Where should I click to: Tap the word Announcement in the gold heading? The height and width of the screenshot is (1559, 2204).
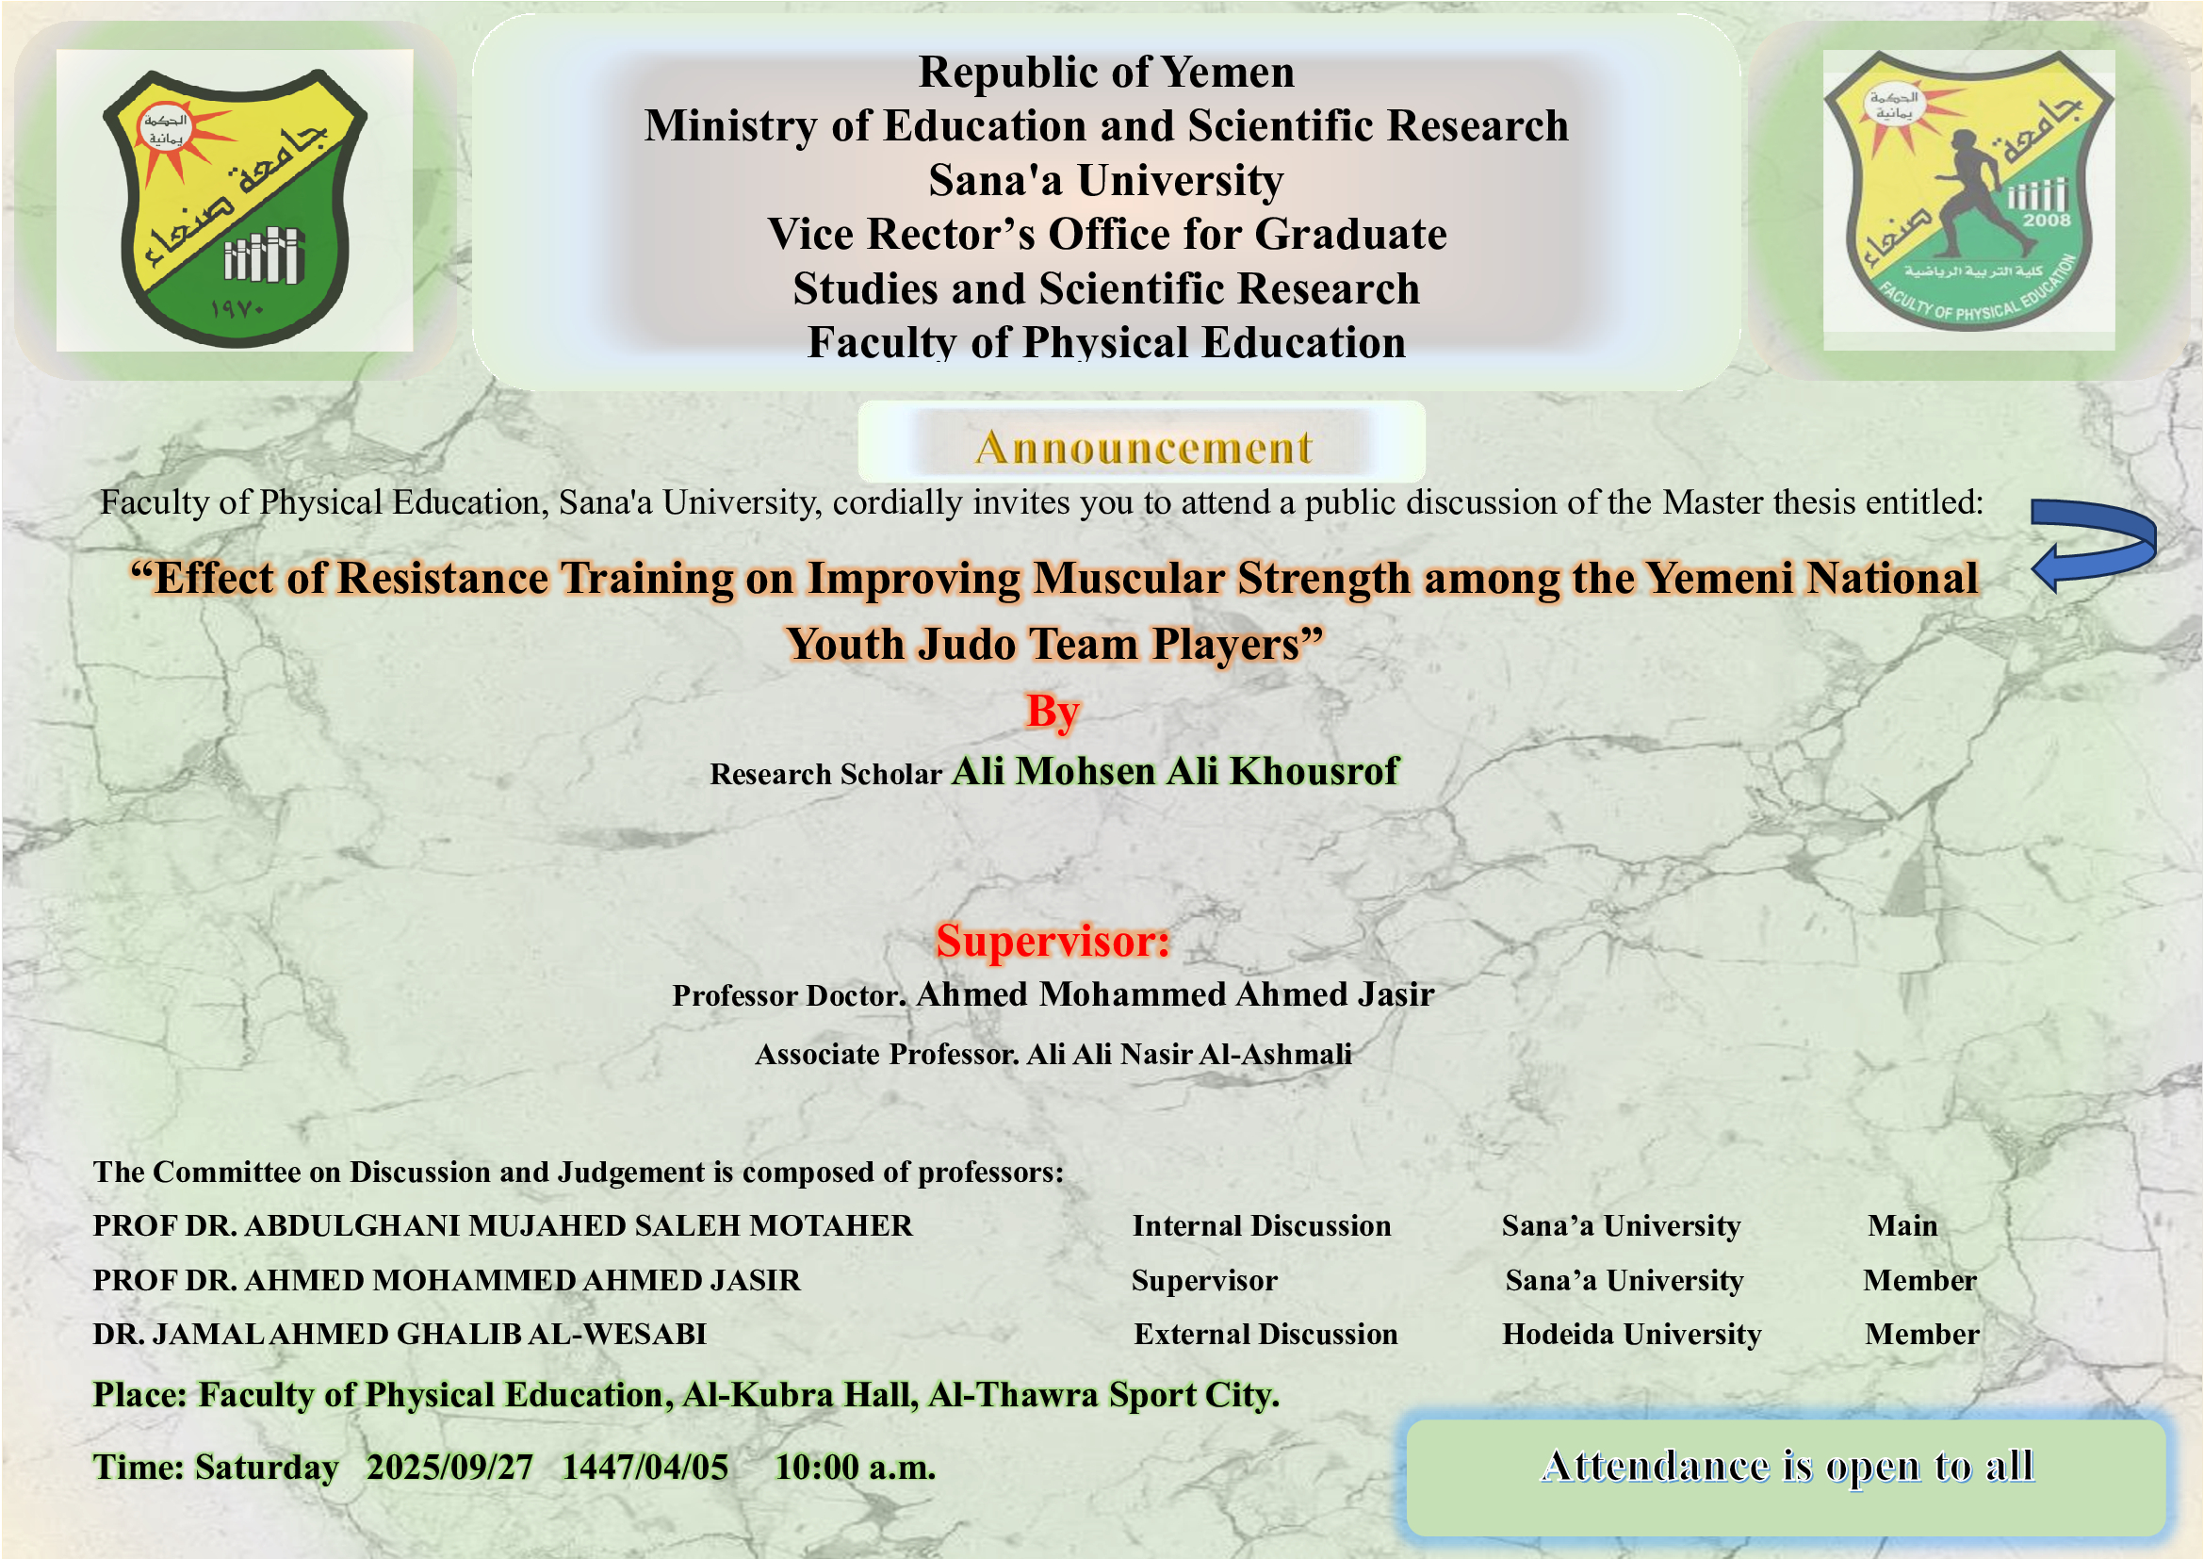point(1143,448)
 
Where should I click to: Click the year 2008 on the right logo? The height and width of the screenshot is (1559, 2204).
point(2048,220)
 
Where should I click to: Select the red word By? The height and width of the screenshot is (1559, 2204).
point(1053,712)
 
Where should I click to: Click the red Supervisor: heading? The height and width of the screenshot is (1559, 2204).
point(1053,941)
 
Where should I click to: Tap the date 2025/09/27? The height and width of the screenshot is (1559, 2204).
point(449,1467)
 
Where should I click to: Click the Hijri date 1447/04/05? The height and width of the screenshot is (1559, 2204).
point(645,1467)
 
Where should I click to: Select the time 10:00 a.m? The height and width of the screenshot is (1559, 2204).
point(855,1467)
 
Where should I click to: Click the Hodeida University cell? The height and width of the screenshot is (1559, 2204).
point(1632,1335)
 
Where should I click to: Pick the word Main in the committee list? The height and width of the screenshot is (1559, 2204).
point(1902,1226)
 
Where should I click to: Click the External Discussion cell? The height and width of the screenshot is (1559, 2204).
point(1265,1335)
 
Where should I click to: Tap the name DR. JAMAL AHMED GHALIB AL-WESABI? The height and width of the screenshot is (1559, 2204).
point(400,1335)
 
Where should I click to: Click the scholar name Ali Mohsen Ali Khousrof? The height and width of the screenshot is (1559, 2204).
point(1176,771)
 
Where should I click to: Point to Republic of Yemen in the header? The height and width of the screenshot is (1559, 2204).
point(1106,72)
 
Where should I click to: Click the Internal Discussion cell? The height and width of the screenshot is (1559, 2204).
point(1262,1226)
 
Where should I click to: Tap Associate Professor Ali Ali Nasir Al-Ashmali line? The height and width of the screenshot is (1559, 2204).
point(1053,1054)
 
